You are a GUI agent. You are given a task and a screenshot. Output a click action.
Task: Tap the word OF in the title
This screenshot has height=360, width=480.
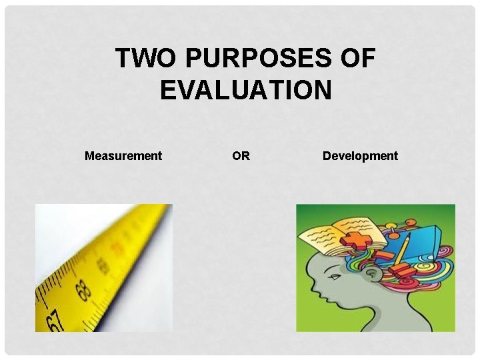[359, 59]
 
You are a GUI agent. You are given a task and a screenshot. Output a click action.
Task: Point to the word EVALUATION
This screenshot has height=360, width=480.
[245, 90]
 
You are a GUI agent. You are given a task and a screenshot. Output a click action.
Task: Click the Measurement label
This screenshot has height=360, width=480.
[123, 156]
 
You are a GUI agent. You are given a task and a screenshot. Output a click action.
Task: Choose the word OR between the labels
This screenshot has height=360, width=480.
[241, 156]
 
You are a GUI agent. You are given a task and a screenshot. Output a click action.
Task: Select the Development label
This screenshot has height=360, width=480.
[360, 156]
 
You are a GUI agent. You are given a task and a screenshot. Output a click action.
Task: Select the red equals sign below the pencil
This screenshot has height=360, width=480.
[402, 270]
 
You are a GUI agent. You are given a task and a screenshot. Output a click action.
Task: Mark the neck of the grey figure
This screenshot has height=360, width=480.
[387, 317]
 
